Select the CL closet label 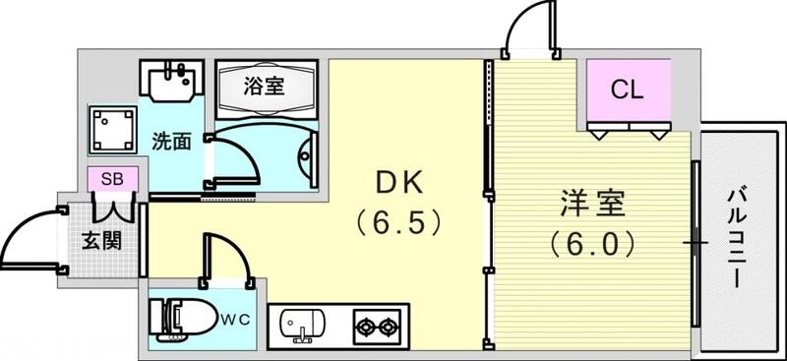click(627, 90)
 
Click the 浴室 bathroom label click(265, 86)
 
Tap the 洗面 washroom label click(171, 142)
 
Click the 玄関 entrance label click(100, 238)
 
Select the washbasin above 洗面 click(172, 80)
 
